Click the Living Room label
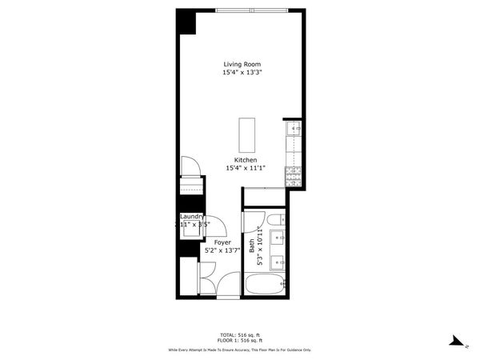(x=242, y=64)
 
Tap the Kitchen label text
(x=245, y=160)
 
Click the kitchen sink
(x=294, y=128)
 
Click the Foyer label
(x=222, y=242)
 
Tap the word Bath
(x=251, y=247)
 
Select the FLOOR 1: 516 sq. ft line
(x=239, y=341)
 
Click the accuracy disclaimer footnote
(x=239, y=350)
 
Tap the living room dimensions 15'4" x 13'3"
(x=242, y=73)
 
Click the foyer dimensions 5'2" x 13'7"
(x=222, y=250)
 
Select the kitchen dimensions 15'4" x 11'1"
(x=245, y=168)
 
